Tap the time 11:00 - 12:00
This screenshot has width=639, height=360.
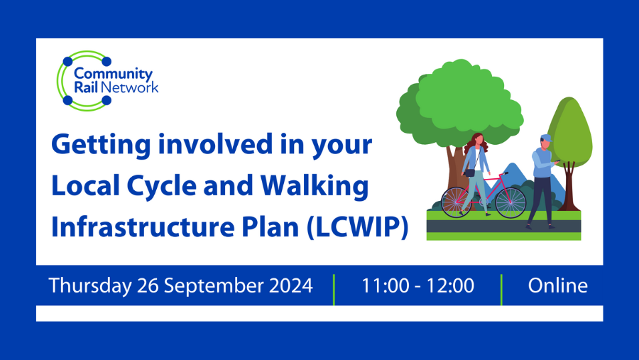click(x=417, y=285)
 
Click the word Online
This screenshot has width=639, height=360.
click(x=557, y=285)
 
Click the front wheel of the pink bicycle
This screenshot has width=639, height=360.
click(x=510, y=202)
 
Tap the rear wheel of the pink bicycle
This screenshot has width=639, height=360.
click(x=456, y=202)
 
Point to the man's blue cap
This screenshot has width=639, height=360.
click(x=545, y=138)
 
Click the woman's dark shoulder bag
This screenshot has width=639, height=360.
click(x=469, y=171)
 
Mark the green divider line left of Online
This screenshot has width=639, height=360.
click(x=501, y=289)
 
